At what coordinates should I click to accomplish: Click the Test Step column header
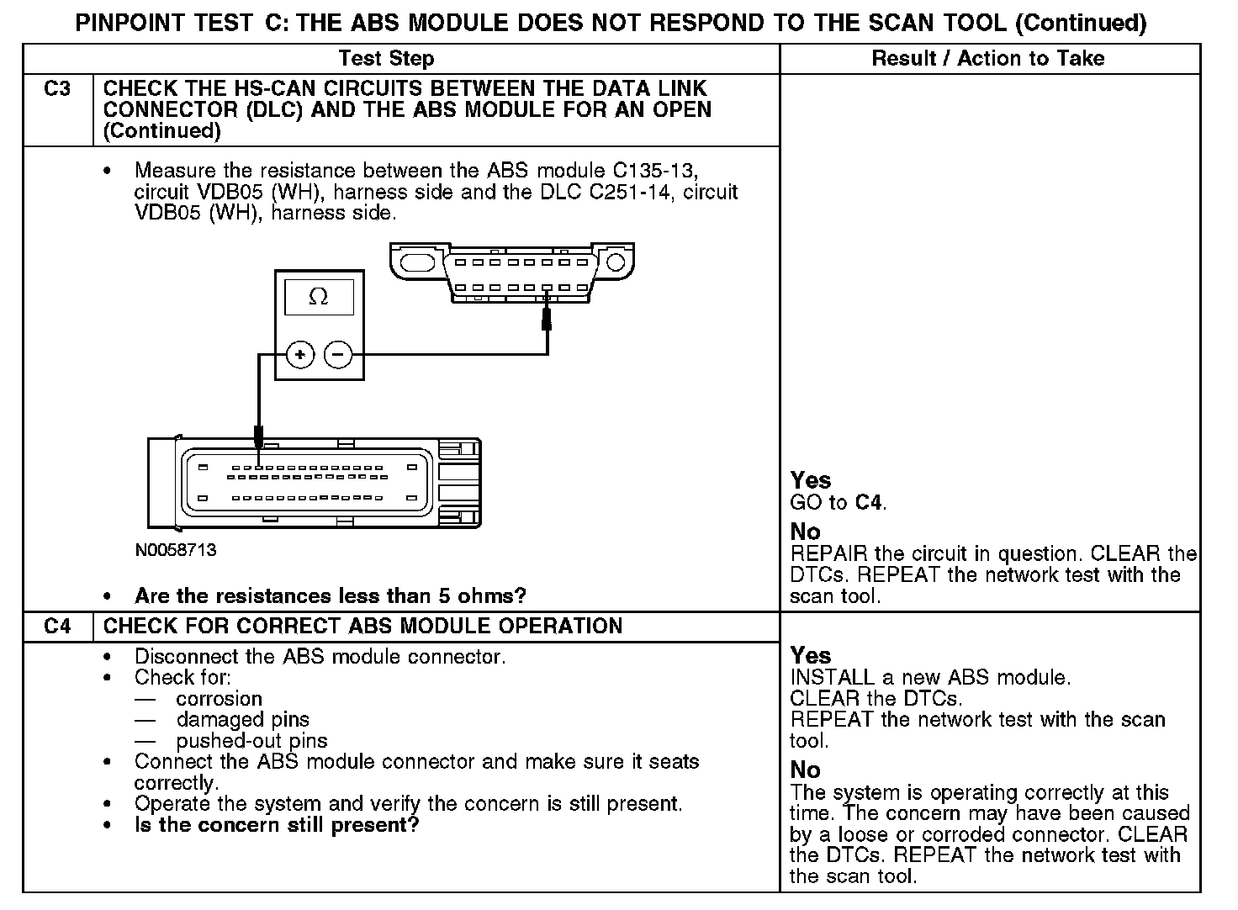386,59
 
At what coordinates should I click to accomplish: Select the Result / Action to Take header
988,59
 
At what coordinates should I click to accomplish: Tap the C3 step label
57,88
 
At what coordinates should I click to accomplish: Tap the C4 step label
57,627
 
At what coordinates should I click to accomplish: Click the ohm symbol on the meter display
319,297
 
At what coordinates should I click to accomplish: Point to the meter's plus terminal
300,356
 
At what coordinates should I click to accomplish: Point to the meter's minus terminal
338,356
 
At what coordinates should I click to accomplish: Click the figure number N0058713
175,550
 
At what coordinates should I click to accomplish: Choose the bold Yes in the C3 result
811,481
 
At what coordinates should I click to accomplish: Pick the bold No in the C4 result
805,770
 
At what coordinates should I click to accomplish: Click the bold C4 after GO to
870,503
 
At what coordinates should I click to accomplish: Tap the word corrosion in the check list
220,699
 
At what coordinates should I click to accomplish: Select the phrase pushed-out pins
251,741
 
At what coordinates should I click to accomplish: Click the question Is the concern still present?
277,825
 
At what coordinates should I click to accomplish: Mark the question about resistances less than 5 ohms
330,596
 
